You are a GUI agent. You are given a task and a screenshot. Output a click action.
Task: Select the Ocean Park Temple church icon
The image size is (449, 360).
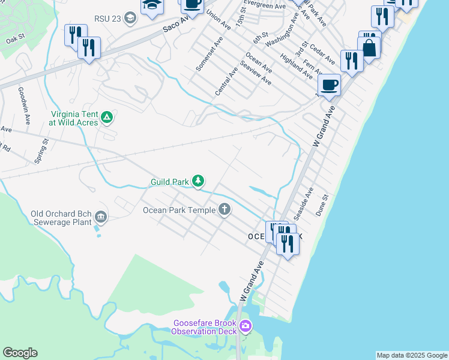click(224, 209)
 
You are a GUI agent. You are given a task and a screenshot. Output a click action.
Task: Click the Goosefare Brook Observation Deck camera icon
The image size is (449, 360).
click(245, 326)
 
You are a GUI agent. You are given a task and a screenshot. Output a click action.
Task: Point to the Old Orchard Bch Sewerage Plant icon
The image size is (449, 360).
click(100, 217)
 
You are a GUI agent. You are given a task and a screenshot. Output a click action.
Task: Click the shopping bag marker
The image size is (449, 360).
click(369, 48)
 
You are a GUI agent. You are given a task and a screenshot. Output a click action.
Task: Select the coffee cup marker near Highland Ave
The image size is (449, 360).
click(328, 85)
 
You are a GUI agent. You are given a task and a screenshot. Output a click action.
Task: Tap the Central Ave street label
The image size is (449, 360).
click(226, 81)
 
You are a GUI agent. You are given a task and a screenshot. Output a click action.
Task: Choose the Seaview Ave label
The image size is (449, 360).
click(255, 73)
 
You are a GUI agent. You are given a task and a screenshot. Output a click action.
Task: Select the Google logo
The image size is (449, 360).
click(20, 353)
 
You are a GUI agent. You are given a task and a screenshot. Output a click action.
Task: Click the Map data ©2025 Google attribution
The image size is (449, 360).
click(412, 355)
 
